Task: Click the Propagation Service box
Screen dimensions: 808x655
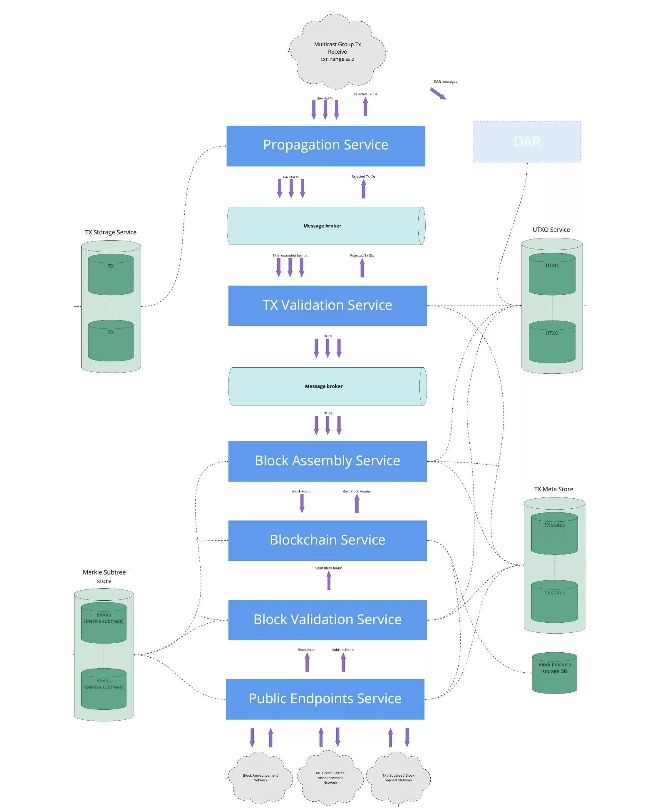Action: coord(325,146)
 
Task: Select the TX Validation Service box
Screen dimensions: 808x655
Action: coord(327,306)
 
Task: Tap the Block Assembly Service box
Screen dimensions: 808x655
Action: coord(327,461)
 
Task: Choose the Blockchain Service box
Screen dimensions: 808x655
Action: coord(327,540)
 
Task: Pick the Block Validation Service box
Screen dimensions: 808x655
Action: coord(327,620)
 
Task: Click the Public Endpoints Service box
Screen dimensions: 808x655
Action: coord(325,699)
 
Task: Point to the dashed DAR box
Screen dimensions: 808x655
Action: coord(527,142)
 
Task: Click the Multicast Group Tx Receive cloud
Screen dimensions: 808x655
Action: coord(337,52)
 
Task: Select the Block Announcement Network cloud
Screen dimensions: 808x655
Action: coord(260,778)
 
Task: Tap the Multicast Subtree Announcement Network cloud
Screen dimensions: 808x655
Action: coord(330,778)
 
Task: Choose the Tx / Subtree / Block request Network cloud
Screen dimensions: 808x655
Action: coord(398,778)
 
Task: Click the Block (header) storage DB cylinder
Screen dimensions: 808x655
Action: coord(554,673)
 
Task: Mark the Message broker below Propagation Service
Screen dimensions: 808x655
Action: coord(325,226)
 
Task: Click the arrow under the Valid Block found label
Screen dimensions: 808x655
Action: coord(329,580)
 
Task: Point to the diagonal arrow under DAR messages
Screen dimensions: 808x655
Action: coord(438,94)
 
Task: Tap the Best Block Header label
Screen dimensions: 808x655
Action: coord(357,491)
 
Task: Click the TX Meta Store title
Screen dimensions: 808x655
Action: coord(553,489)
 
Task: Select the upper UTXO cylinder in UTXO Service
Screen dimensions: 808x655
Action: coord(552,274)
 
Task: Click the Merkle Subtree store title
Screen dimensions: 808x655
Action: coord(104,577)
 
